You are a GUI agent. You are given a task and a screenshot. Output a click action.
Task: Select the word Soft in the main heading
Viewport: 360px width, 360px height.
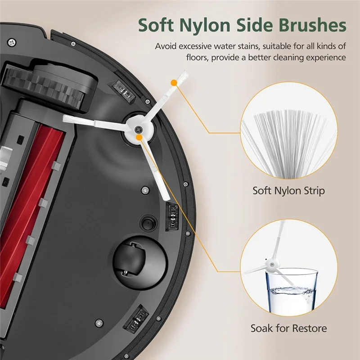coord(156,25)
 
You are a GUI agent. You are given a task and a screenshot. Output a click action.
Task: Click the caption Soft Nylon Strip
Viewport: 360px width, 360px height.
coord(288,191)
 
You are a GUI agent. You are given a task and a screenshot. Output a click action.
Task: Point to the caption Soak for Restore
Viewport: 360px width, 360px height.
coord(288,328)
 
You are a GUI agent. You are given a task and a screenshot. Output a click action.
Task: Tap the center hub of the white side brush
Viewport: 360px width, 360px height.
coord(138,130)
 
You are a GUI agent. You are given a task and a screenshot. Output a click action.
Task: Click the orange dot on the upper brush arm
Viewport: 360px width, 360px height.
coord(174,83)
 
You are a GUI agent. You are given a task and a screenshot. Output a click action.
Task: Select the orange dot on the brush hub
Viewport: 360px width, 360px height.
coord(139,137)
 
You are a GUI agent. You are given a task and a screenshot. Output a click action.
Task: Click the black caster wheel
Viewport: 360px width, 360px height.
coord(129,262)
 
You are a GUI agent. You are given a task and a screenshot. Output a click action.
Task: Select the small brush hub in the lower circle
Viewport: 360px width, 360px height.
coord(272,264)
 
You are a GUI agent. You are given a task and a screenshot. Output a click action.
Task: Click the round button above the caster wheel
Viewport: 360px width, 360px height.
coord(148,223)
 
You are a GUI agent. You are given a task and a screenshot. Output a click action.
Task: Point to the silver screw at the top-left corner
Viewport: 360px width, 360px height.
coord(12,42)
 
